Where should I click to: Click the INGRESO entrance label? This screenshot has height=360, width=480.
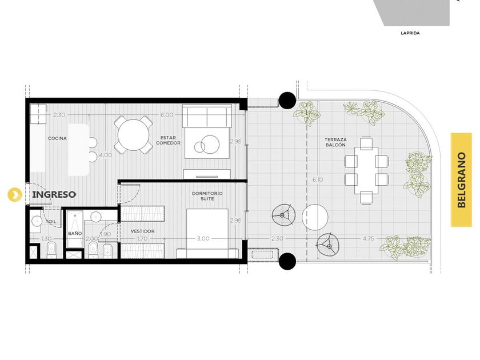tap(54, 195)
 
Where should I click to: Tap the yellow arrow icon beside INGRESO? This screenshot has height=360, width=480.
tap(15, 194)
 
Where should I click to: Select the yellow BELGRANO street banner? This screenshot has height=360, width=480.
tap(461, 180)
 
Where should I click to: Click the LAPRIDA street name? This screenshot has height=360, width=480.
tap(410, 33)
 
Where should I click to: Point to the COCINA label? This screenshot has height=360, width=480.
tap(57, 138)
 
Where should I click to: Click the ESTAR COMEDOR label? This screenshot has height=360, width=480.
tap(168, 141)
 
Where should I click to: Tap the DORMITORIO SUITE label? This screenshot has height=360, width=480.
tap(207, 196)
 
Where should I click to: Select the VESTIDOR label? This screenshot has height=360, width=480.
tap(143, 231)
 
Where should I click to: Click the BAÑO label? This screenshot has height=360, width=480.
tap(75, 233)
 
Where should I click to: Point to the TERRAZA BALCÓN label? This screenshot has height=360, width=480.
tap(335, 142)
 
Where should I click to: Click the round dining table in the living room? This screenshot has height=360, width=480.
tap(134, 135)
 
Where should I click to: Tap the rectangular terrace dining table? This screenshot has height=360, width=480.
tap(366, 170)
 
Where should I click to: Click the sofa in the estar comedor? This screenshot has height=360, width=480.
tap(207, 117)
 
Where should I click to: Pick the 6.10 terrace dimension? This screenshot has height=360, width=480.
tap(318, 179)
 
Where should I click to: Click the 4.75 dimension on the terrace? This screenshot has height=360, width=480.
tap(368, 238)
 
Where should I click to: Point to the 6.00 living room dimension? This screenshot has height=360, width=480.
tap(167, 115)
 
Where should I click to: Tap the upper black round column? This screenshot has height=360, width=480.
tap(287, 101)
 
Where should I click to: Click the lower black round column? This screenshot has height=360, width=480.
tap(287, 261)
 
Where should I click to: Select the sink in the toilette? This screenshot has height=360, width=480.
tap(37, 221)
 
